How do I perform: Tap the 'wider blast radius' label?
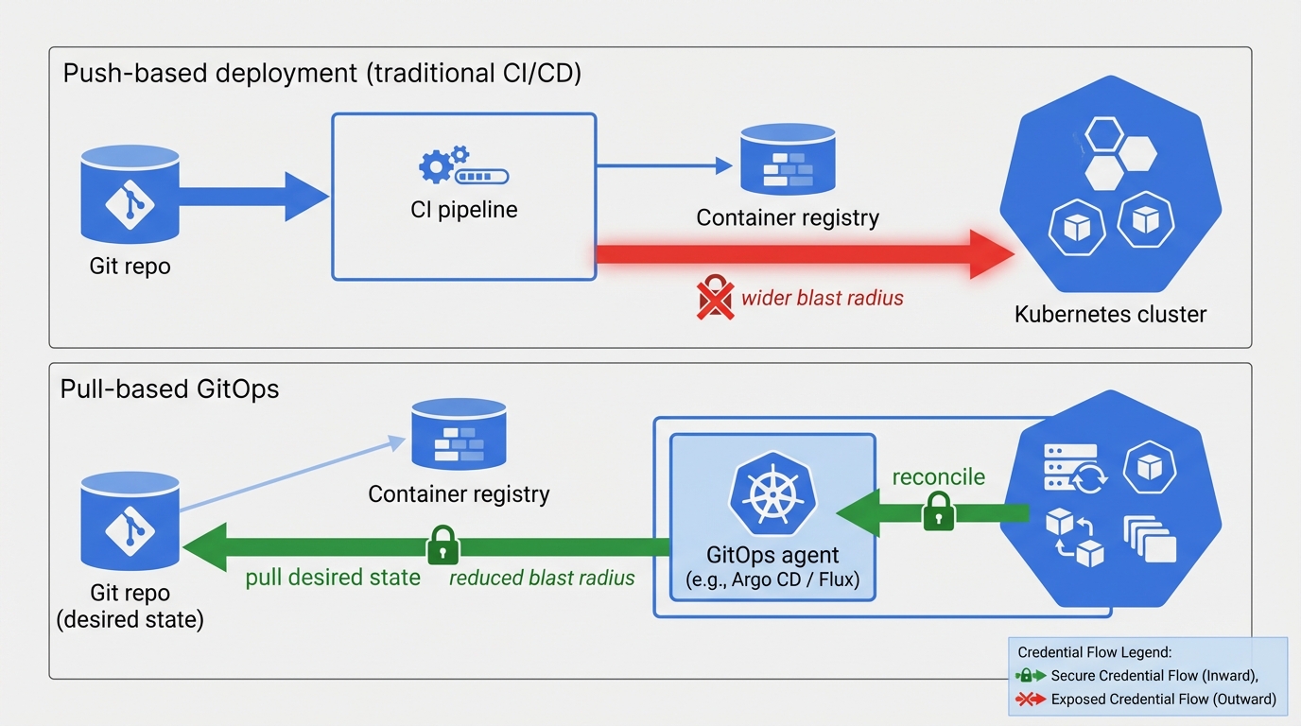click(822, 299)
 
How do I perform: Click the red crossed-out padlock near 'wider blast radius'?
click(715, 298)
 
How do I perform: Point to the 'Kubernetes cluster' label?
click(1110, 314)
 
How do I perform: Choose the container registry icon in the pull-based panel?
click(459, 434)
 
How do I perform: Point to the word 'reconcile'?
click(938, 476)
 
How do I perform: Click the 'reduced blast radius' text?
click(542, 578)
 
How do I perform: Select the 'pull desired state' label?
click(333, 578)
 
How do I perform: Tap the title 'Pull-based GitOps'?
click(170, 389)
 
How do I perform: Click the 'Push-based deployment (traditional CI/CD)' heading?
click(321, 73)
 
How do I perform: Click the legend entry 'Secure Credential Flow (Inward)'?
click(1154, 676)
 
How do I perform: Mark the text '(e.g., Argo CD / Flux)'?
click(772, 580)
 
